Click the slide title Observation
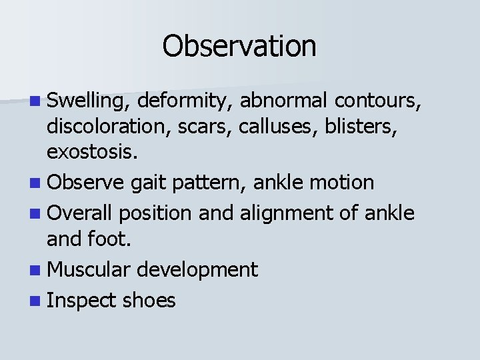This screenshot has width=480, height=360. click(x=239, y=46)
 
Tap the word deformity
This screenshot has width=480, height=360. click(x=185, y=101)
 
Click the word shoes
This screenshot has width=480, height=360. click(x=149, y=301)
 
